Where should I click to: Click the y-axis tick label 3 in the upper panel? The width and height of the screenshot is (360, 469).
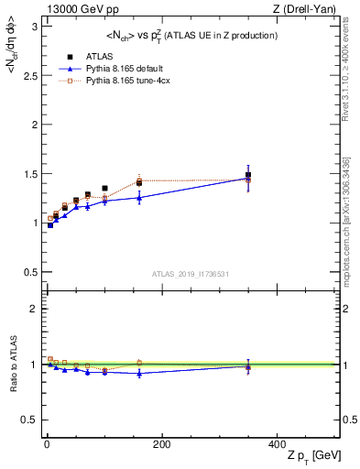click(x=33, y=27)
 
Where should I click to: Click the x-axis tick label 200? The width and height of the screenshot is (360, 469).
click(x=161, y=444)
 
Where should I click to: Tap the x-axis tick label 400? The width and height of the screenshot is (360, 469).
click(x=276, y=444)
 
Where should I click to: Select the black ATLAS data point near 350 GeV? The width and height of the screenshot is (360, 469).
click(x=247, y=174)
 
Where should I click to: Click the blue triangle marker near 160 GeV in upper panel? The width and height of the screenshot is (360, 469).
click(x=139, y=198)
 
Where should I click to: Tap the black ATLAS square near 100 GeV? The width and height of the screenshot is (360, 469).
click(x=104, y=189)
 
